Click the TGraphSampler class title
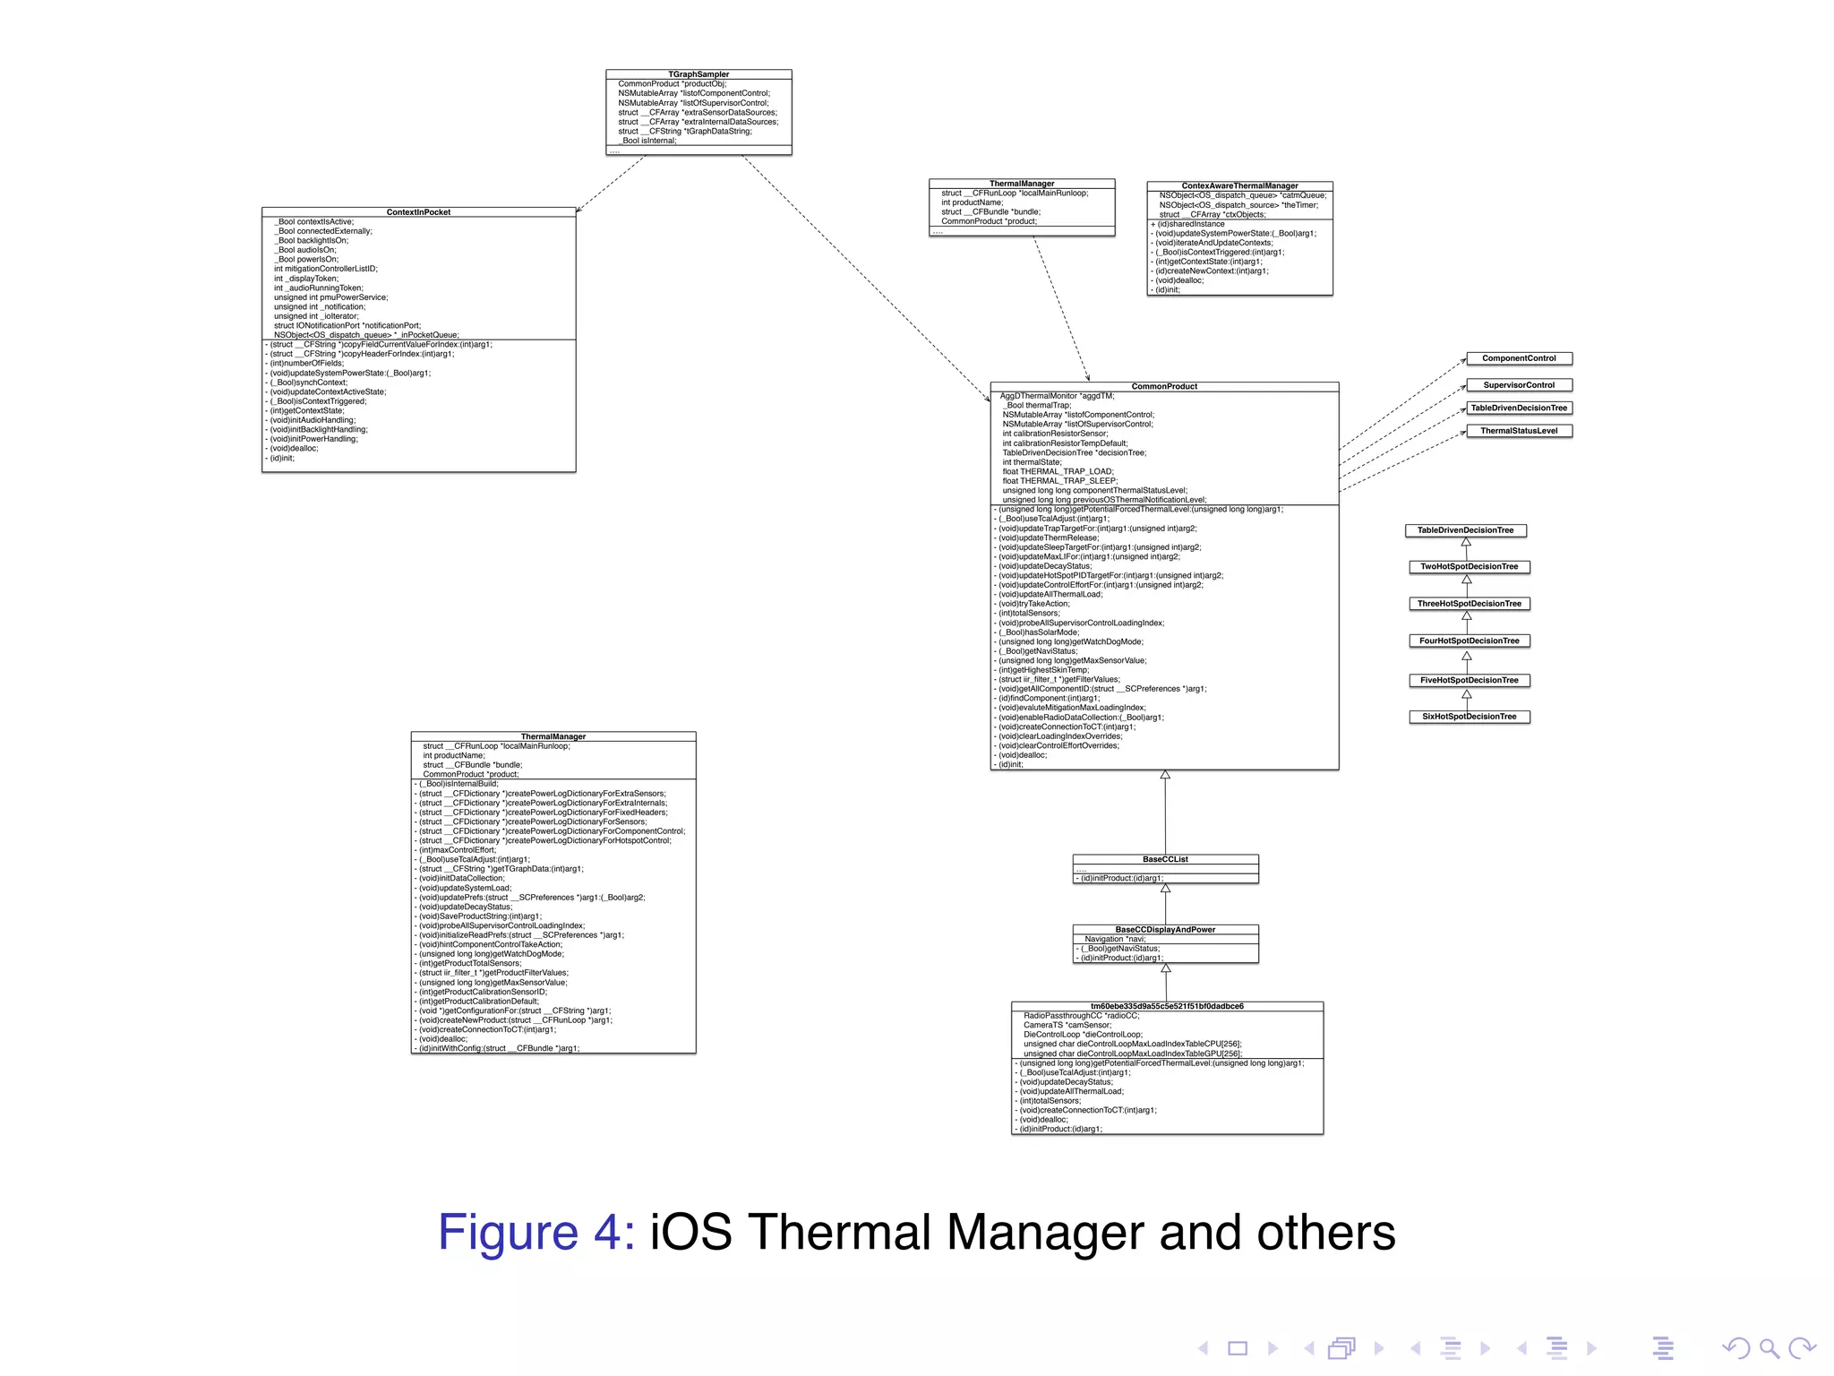(x=698, y=74)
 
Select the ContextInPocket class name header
(x=418, y=212)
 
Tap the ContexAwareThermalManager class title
(x=1239, y=185)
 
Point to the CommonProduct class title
(x=1164, y=386)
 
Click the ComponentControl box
(x=1519, y=358)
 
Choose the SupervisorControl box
(x=1519, y=385)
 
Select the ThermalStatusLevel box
(x=1519, y=431)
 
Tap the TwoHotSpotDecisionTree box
(x=1469, y=567)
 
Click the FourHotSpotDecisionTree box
(x=1469, y=641)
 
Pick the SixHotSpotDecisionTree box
(x=1469, y=717)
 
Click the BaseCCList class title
(x=1165, y=859)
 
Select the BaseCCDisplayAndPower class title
(x=1165, y=930)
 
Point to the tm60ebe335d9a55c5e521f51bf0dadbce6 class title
(x=1167, y=1006)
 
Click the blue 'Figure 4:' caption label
(x=536, y=1233)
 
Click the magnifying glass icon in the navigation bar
(x=1769, y=1348)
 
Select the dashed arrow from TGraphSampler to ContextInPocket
(x=611, y=184)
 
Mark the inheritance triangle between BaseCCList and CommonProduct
(x=1165, y=775)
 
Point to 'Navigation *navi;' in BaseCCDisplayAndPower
(x=1115, y=939)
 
